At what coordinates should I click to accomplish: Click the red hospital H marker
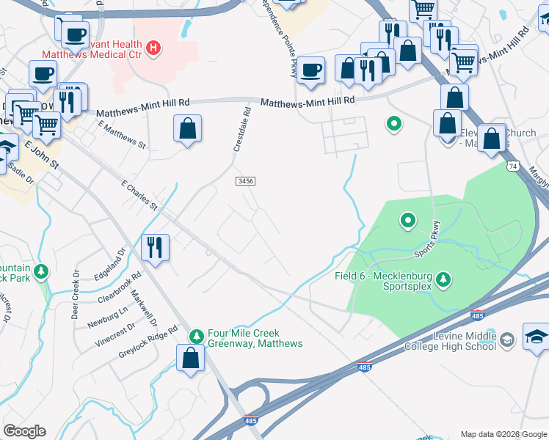(153, 48)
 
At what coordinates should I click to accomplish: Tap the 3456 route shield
(245, 180)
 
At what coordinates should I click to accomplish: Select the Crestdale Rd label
(241, 130)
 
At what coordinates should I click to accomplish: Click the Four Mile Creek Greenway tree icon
(196, 337)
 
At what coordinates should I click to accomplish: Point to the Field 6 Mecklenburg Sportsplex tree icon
(443, 279)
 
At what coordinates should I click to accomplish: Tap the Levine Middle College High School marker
(507, 340)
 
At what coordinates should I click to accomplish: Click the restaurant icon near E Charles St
(155, 247)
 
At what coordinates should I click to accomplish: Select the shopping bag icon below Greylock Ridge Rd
(190, 359)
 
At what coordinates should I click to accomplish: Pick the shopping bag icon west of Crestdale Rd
(188, 128)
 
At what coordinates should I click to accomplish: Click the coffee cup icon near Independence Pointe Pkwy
(311, 70)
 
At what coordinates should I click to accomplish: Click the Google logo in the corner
(25, 431)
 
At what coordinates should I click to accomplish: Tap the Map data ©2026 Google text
(503, 434)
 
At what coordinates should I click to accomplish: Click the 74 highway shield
(512, 167)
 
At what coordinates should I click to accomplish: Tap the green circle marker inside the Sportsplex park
(406, 219)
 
